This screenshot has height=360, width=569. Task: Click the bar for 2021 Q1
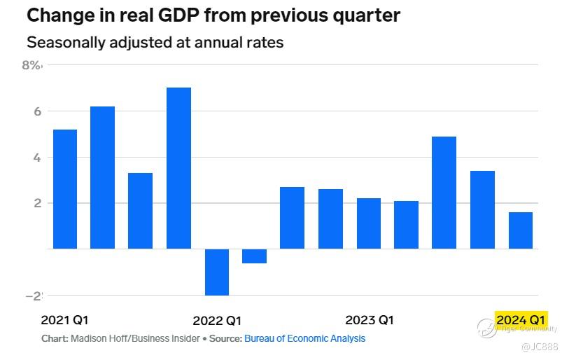65,189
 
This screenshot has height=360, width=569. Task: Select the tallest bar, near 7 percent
178,168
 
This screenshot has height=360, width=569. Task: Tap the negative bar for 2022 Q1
217,272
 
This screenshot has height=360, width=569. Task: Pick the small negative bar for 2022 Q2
254,256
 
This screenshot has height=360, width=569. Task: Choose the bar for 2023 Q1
369,223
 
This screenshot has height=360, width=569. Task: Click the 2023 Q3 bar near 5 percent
444,193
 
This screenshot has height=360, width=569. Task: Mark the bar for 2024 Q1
520,230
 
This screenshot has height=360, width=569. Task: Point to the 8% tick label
32,66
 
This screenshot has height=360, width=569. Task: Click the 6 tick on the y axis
37,111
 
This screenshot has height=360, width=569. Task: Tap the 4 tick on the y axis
37,158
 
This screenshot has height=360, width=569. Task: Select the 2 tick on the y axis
37,203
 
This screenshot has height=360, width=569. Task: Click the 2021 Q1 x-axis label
65,320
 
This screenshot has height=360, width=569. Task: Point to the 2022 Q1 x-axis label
217,321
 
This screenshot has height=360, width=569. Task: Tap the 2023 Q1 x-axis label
370,320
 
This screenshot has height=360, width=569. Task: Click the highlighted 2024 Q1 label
521,320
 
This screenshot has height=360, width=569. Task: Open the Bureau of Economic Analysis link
304,338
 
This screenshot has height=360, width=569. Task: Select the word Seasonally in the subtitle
64,42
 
